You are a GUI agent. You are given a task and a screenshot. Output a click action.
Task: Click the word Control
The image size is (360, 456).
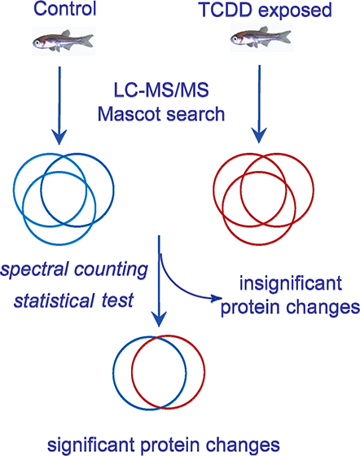65,9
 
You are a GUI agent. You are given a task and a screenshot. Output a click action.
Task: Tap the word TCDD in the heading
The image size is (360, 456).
226,10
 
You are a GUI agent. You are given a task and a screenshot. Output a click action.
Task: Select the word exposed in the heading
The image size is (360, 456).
295,11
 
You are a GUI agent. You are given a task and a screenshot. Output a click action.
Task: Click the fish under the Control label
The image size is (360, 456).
63,41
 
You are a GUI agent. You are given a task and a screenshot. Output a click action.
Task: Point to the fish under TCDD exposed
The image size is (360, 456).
261,37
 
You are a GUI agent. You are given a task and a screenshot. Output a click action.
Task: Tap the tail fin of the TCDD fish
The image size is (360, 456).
284,37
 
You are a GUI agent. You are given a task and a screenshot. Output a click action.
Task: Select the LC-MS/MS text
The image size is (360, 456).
161,90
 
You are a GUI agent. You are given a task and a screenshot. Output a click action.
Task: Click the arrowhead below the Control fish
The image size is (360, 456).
59,138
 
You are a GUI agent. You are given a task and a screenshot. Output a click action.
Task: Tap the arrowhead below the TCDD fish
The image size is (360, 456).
259,136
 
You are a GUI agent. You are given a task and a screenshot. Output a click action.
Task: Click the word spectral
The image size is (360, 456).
34,270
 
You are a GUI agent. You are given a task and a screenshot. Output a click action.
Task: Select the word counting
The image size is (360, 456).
111,270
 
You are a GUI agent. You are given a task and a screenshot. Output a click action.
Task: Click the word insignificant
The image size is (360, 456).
291,283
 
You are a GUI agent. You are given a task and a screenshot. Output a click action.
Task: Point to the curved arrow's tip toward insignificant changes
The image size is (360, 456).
221,298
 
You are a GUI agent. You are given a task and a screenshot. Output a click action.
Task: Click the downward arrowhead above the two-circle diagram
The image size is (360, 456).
159,319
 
